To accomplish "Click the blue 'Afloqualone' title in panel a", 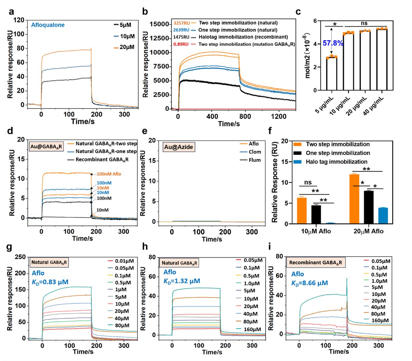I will [48, 25].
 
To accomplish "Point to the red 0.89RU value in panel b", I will [181, 44].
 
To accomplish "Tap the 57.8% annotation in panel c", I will [333, 43].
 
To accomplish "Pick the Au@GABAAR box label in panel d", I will [46, 147].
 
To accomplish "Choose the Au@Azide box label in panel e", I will [179, 147].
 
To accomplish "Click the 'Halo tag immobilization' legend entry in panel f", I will [336, 162].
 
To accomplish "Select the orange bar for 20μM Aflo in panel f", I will [354, 199].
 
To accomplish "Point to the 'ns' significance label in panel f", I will [308, 183].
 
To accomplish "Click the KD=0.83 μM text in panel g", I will [50, 282].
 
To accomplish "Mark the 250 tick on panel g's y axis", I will [20, 257].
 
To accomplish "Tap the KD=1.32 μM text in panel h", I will [181, 281].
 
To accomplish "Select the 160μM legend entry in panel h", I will [252, 329].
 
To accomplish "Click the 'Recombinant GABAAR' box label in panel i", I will [315, 262].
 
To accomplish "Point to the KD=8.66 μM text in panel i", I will [309, 283].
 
